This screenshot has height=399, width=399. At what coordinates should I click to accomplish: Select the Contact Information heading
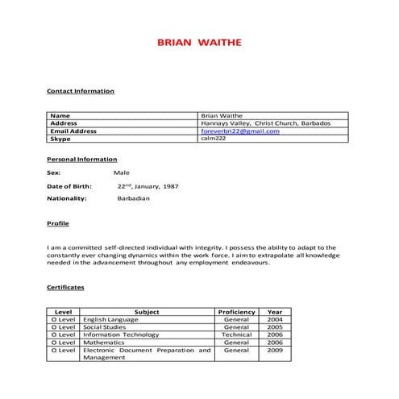(x=81, y=91)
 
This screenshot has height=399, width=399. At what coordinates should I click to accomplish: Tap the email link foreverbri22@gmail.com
(x=239, y=131)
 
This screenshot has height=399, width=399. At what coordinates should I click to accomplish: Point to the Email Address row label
(x=73, y=131)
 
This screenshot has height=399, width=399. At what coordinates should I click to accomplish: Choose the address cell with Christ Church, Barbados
(x=265, y=123)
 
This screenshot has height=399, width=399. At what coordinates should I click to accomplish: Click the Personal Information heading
(x=83, y=160)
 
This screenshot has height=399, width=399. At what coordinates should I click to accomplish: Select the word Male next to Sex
(x=122, y=172)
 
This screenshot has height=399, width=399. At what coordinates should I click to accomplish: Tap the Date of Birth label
(x=70, y=185)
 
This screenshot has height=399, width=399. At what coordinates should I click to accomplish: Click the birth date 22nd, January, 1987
(x=148, y=185)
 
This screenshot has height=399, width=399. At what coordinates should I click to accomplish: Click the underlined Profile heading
(x=59, y=222)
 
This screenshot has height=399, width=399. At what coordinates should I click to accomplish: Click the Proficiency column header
(x=236, y=312)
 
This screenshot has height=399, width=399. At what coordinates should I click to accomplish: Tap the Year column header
(x=274, y=312)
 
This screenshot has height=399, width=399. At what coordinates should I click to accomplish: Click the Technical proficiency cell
(x=236, y=335)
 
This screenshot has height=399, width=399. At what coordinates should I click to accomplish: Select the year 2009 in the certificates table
(x=274, y=350)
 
